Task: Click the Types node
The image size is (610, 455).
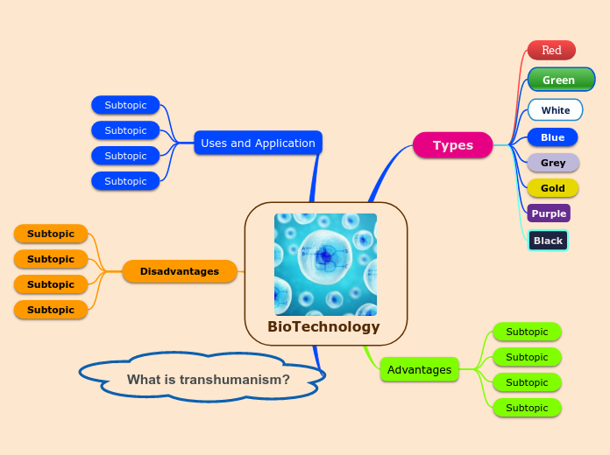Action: pos(452,145)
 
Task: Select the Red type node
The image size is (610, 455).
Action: pos(551,50)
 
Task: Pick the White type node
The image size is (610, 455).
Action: pos(556,110)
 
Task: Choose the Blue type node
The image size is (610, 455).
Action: pos(552,137)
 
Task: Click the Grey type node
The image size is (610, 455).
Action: pos(553,163)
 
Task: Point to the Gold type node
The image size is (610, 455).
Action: pos(553,188)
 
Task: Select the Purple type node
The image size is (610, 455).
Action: pos(549,213)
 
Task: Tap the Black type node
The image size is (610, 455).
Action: pos(549,241)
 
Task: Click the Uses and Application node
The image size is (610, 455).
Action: pos(258,143)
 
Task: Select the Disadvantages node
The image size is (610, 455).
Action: pos(180,271)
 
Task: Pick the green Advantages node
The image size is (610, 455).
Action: pos(419,370)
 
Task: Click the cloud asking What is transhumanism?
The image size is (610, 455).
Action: pos(208,380)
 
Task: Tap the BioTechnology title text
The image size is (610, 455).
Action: pos(324,327)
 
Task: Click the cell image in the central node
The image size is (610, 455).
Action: pos(325,264)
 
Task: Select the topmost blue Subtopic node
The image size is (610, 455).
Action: pos(125,105)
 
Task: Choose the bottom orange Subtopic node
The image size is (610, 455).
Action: pos(51,310)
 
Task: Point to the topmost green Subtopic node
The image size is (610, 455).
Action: pos(527,332)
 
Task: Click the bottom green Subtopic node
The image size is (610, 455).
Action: pos(527,408)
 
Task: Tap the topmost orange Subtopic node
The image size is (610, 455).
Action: pos(51,234)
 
